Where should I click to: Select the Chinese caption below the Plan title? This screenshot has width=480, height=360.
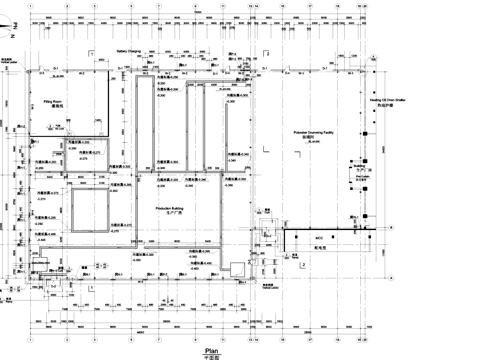coord(211,355)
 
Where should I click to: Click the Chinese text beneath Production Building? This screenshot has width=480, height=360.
coord(170,216)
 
